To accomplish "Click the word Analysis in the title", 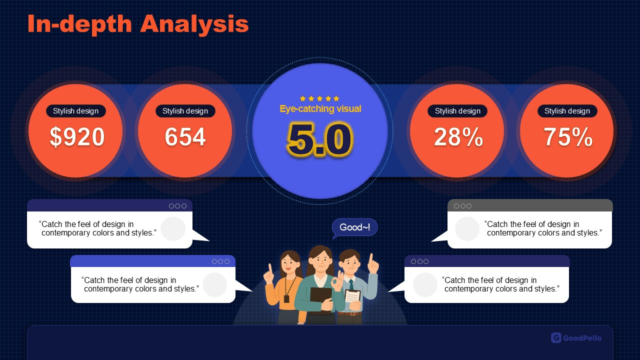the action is [194, 24].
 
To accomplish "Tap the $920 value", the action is [77, 137].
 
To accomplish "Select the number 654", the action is [185, 136].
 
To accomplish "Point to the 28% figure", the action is [458, 137].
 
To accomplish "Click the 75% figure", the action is [567, 137].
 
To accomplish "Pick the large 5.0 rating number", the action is [320, 139].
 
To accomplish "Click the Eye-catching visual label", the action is [320, 109].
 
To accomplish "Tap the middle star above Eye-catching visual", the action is [319, 98].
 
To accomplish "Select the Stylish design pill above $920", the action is [75, 111].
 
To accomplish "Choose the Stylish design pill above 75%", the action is [567, 111].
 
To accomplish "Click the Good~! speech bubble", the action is [354, 227].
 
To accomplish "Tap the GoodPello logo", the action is [576, 338].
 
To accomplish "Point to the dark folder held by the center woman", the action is [321, 300].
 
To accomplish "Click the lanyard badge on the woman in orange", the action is [286, 299].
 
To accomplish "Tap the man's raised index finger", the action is [371, 259].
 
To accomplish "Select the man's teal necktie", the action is [351, 285].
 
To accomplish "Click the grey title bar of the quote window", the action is [530, 205].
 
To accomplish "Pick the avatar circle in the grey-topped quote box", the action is [467, 228].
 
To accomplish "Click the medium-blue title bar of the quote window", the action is [153, 261].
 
